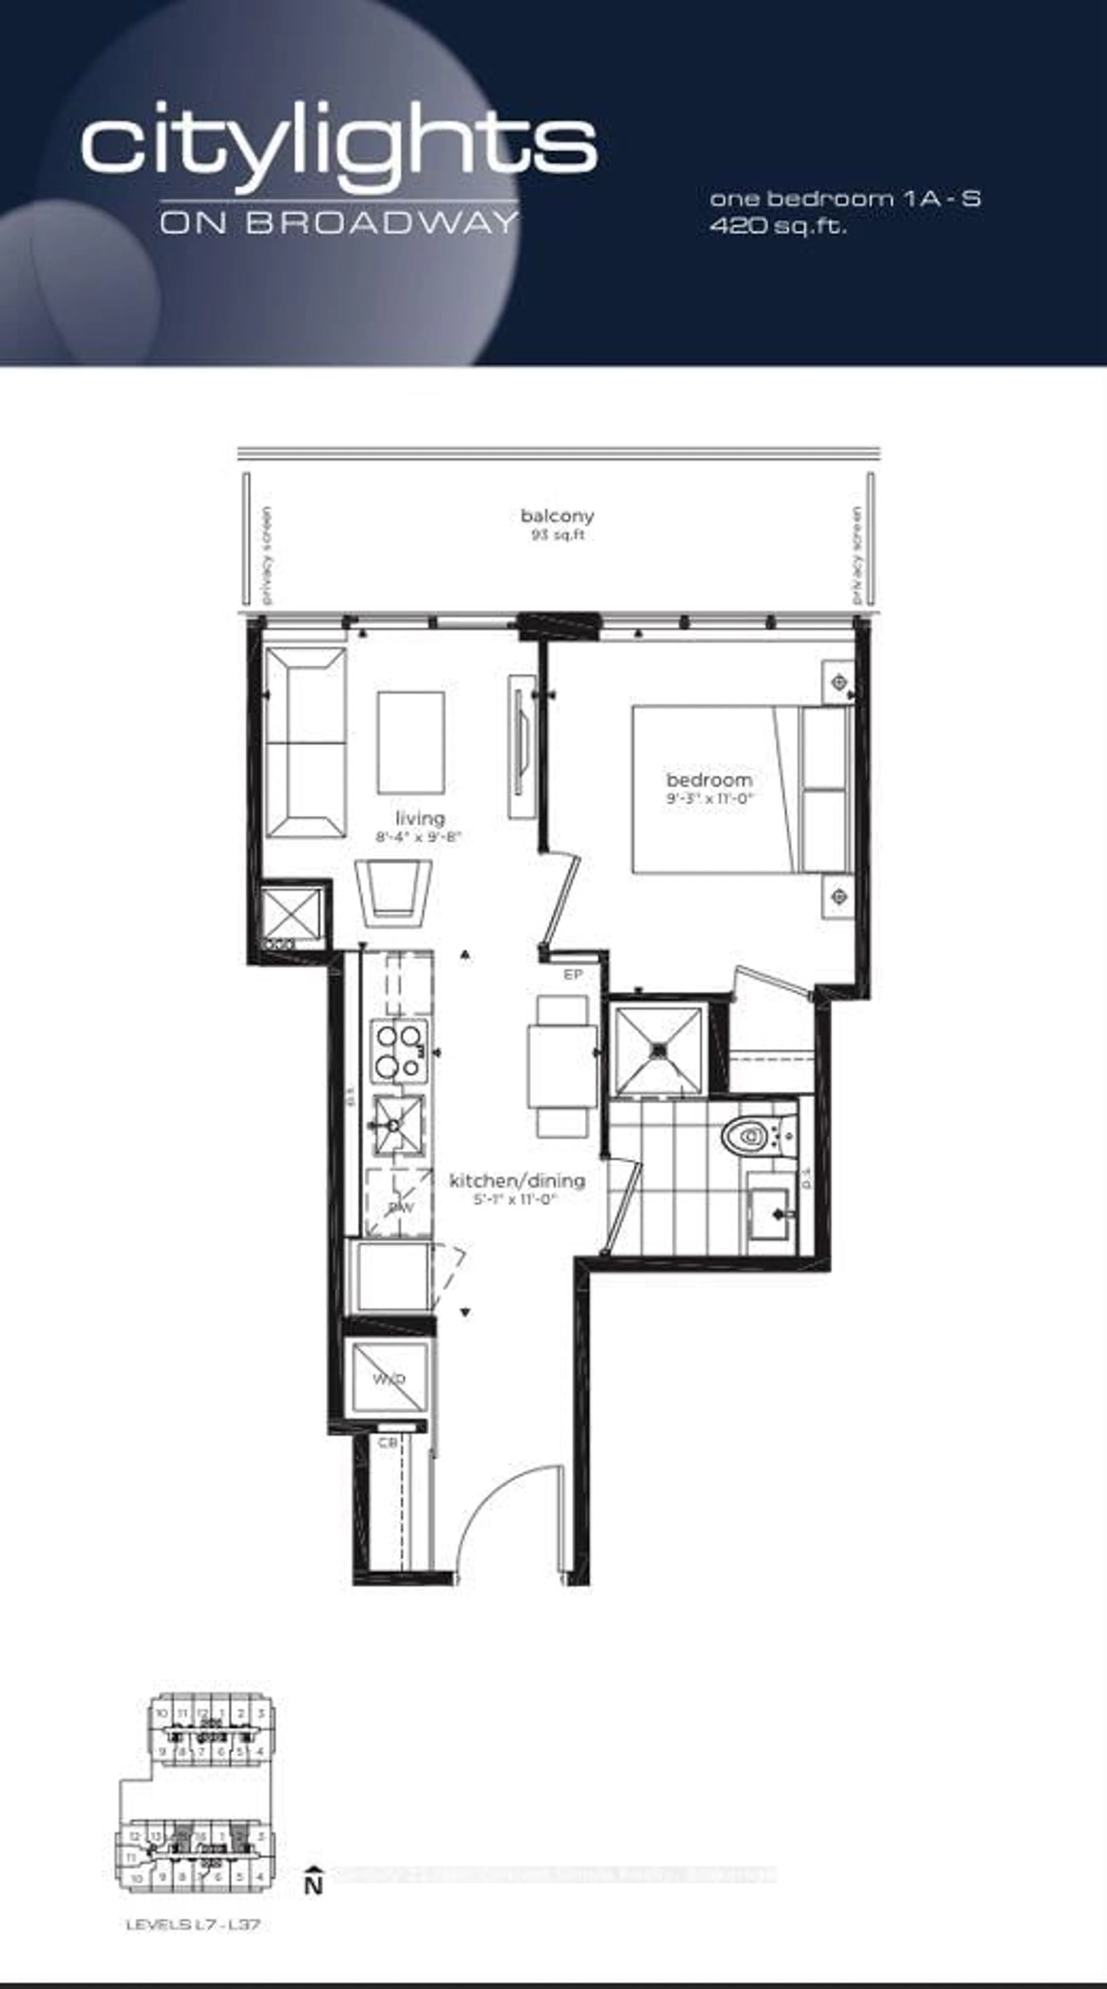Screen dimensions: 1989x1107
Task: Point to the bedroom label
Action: (709, 780)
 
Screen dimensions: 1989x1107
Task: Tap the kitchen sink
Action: (398, 1124)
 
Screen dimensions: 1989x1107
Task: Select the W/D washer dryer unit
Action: (390, 1378)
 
